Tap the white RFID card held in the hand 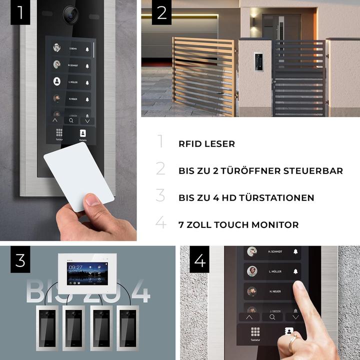78,176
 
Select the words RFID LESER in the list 206,144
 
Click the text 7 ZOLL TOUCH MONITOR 238,225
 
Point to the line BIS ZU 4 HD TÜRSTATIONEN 246,198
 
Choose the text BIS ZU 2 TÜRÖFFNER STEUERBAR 260,171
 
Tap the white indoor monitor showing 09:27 87,273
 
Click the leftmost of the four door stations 47,327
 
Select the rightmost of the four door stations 127,327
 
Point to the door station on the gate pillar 259,61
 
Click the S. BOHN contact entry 70,48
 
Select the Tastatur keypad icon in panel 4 255,334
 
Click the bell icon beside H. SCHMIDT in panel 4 295,251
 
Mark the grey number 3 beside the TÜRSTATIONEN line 160,195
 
